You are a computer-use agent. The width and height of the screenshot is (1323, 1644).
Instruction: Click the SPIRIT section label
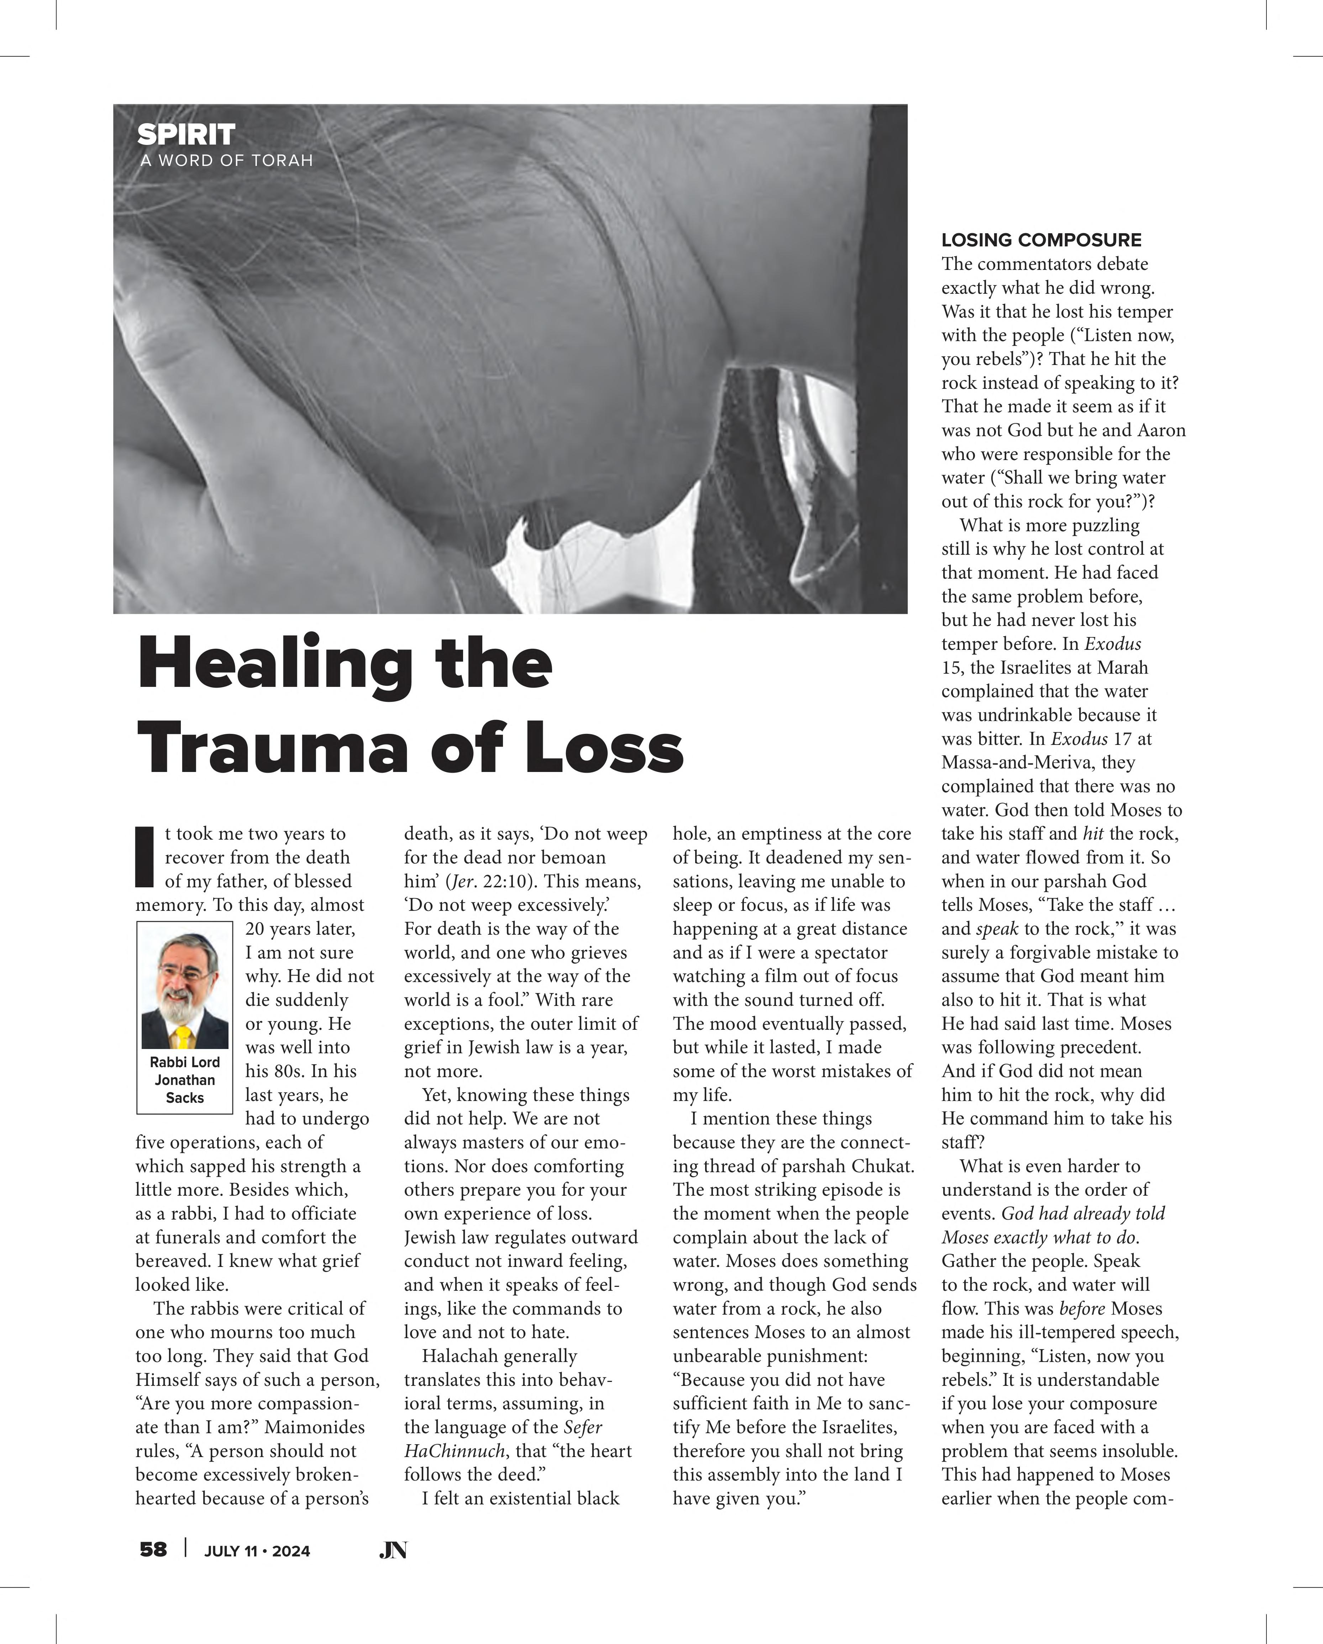point(186,135)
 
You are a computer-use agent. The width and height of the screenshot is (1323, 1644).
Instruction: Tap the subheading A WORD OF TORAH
point(226,161)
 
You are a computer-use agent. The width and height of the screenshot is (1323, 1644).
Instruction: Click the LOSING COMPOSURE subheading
point(1041,240)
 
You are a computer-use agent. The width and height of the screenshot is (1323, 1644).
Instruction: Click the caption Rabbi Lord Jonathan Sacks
point(184,1080)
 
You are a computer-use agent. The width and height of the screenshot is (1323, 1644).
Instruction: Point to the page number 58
point(153,1549)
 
